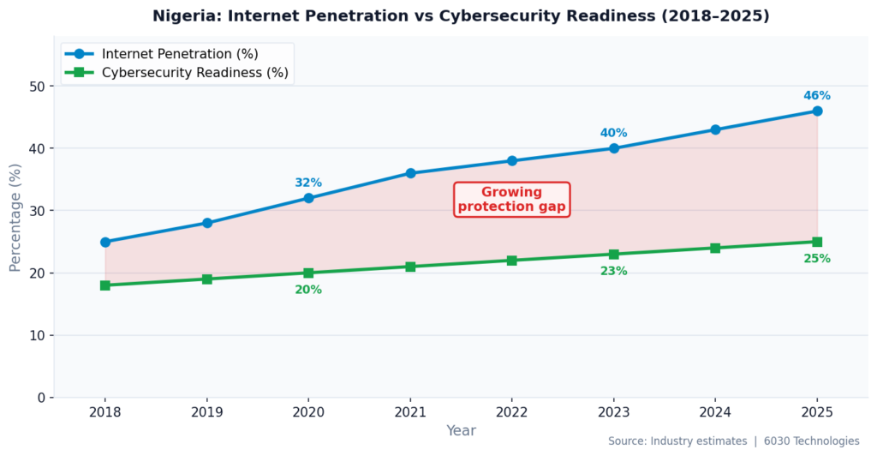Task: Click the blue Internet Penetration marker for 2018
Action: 105,242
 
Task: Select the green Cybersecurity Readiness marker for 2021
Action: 410,267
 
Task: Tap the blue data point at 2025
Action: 817,111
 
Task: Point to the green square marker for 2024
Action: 715,248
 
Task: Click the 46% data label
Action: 816,96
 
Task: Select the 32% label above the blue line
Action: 308,183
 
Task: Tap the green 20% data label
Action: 308,290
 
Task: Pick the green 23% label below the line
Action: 613,271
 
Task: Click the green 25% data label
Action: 816,259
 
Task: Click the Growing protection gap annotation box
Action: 511,200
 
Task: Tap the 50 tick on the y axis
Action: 36,87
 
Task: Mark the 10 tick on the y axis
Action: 36,336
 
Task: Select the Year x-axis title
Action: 461,430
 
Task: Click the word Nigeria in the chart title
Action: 183,16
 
